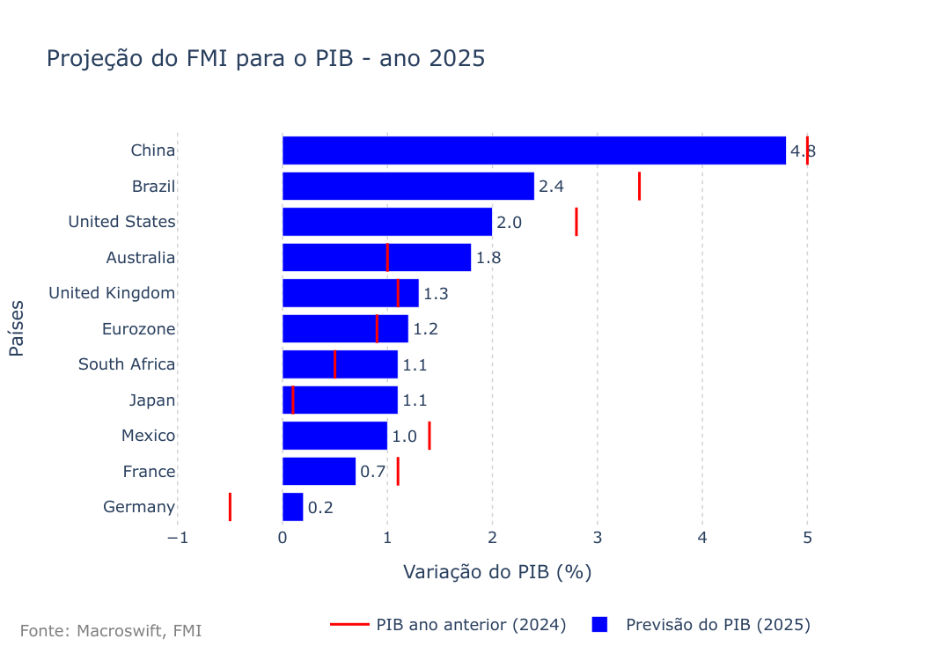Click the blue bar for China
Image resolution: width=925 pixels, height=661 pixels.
[x=533, y=151]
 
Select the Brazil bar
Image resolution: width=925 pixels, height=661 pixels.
[x=407, y=187]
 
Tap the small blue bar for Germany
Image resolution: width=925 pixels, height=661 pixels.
[x=292, y=507]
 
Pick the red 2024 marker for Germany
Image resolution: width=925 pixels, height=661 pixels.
[x=230, y=507]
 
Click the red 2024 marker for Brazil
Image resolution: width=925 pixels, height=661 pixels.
[x=639, y=187]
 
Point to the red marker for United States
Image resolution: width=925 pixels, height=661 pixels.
[x=576, y=222]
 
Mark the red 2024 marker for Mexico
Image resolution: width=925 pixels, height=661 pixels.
[x=429, y=436]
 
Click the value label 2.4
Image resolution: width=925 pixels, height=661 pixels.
[x=551, y=187]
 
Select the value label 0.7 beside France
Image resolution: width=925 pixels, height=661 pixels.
[x=373, y=472]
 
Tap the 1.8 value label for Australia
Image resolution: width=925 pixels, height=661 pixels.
[x=488, y=258]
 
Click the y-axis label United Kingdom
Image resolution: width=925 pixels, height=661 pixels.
[x=112, y=293]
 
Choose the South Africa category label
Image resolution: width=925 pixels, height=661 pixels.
[x=127, y=364]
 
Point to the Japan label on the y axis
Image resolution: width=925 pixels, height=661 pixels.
[x=151, y=400]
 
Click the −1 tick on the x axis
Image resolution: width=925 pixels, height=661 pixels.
[x=178, y=538]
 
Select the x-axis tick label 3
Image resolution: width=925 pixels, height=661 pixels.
[x=598, y=538]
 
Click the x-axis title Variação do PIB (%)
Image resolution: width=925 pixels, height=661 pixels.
[x=496, y=572]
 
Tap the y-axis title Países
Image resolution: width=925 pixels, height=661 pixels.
[x=17, y=328]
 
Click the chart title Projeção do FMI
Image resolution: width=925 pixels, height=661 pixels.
[x=265, y=59]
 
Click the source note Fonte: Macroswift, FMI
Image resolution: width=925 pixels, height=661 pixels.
[x=111, y=631]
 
